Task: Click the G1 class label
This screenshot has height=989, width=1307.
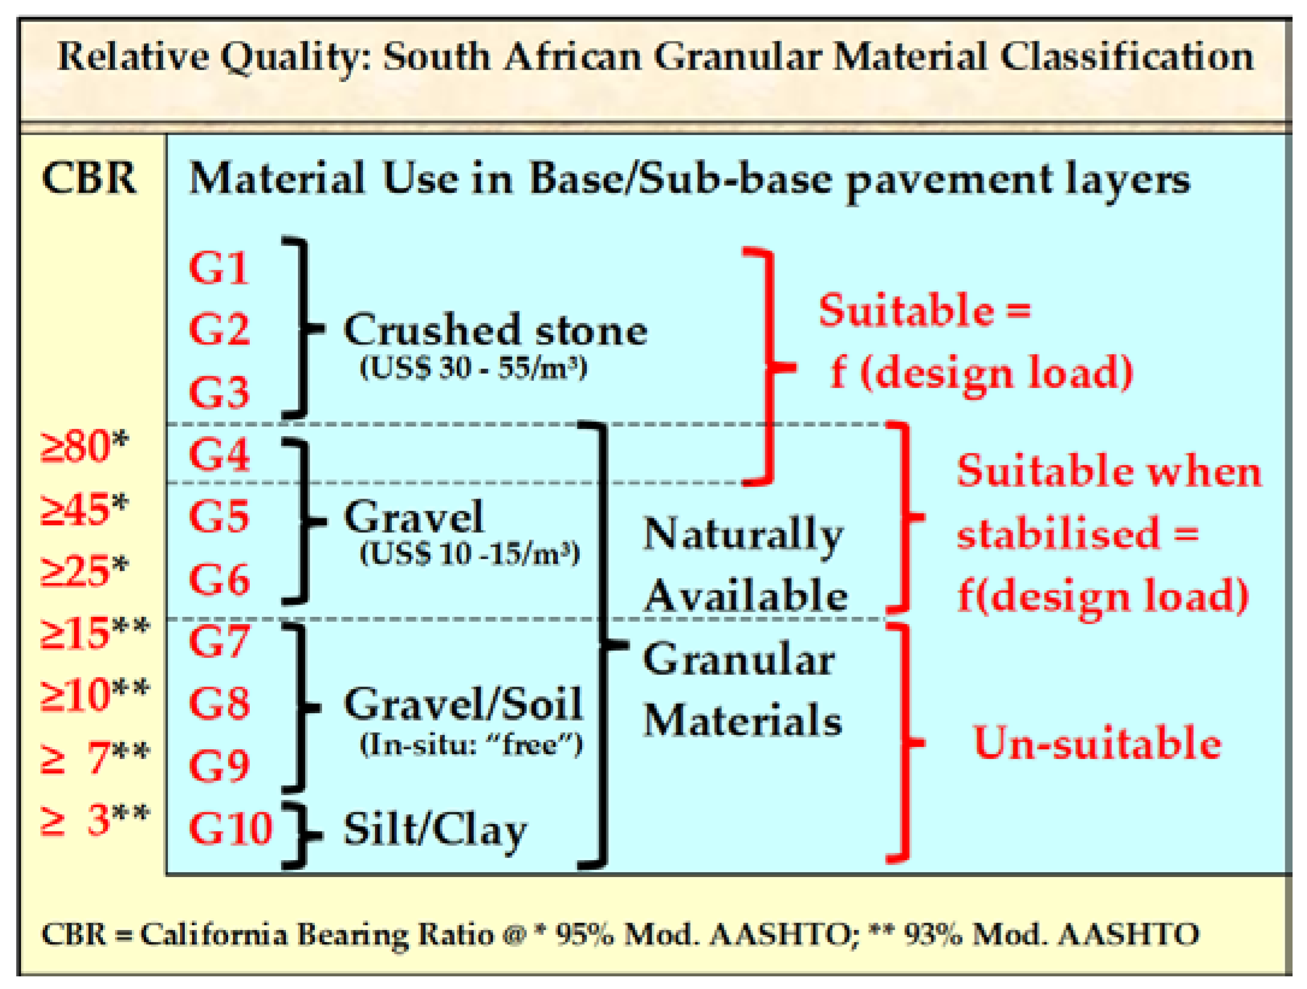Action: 219,267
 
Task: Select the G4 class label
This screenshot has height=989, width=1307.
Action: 219,454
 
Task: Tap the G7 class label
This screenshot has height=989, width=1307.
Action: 219,641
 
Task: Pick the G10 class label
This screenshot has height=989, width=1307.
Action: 231,828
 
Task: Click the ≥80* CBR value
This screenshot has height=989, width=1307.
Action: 84,446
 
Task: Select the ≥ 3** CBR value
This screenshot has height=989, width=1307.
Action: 94,820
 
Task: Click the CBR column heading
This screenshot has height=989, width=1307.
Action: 90,179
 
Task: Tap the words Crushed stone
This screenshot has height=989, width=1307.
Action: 495,331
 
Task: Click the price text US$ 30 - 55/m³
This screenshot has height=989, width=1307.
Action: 473,367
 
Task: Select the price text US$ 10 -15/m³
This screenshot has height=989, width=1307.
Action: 470,554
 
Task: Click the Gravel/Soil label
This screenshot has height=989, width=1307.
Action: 463,704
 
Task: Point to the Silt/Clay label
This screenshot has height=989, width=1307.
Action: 435,830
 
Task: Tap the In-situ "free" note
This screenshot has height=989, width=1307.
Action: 471,745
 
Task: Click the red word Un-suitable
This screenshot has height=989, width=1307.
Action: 1097,743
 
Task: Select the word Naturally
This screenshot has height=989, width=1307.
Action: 743,535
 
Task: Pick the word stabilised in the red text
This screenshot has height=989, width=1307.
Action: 1058,534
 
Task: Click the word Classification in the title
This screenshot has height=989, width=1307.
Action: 1126,57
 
